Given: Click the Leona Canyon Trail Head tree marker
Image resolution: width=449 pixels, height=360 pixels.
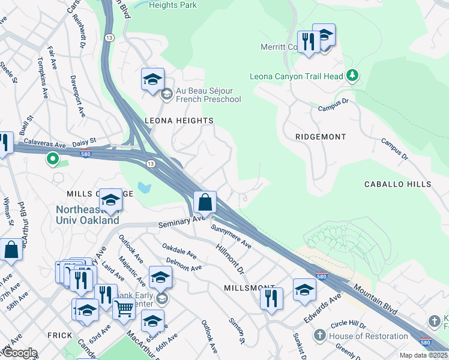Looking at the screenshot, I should coord(352,76).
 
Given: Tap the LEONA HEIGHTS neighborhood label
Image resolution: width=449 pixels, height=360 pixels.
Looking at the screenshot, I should coord(179,121).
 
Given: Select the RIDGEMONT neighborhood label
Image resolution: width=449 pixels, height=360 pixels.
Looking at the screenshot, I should coord(321,137).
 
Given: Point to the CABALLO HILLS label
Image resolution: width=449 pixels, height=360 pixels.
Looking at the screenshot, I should coord(397,184).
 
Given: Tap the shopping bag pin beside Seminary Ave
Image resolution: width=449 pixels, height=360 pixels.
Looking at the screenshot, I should coord(205,202).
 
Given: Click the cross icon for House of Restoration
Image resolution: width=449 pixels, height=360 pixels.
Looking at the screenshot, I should coord(320,335).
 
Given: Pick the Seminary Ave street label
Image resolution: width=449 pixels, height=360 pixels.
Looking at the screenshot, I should coord(182,222).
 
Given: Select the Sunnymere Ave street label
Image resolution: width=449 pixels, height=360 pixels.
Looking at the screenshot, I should coord(231,236).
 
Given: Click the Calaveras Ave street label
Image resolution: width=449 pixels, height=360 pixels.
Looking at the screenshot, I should coord(44,145).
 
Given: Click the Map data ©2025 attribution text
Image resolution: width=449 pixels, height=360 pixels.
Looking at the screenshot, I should coord(423,355).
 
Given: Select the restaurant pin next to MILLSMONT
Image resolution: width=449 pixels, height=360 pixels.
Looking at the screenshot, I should coord(271,298).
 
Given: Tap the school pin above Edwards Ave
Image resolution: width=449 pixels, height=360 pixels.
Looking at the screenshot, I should coord(304,290).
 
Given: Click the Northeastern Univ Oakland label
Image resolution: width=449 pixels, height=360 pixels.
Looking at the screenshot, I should coord(88,215).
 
